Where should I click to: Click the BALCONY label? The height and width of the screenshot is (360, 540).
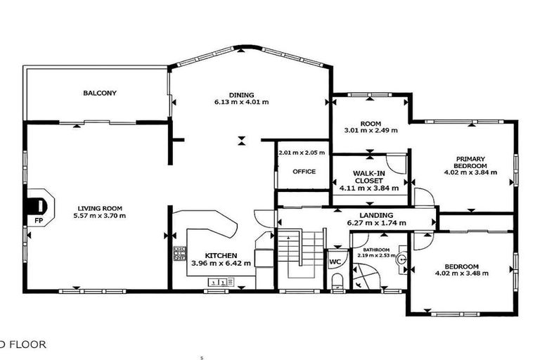[x=99, y=93]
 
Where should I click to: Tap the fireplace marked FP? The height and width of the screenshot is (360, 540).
[x=36, y=207]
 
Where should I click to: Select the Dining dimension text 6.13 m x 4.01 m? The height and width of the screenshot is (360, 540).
[x=241, y=103]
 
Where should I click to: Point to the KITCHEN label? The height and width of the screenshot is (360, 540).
[x=221, y=255]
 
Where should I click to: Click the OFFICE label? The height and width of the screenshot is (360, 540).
[x=303, y=171]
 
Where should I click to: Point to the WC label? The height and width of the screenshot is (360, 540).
[x=335, y=262]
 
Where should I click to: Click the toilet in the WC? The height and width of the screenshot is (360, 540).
[x=337, y=283]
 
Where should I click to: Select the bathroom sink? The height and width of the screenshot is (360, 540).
[x=401, y=259]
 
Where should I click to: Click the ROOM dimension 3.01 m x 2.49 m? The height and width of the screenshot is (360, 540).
[x=371, y=130]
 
